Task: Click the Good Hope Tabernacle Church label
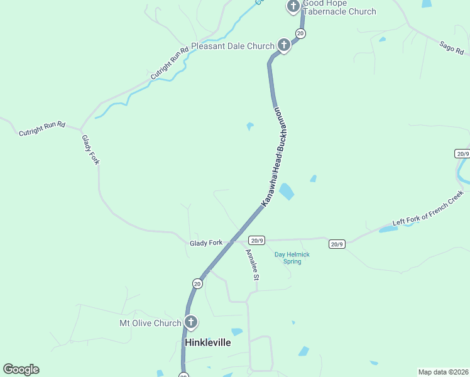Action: point(339,8)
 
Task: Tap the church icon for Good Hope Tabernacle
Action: point(293,7)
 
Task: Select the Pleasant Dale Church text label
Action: point(232,46)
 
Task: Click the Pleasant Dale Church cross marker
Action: point(284,45)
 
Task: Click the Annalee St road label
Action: point(251,265)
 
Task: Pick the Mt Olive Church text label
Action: point(150,324)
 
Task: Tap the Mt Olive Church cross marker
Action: point(191,323)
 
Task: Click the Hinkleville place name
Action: point(207,342)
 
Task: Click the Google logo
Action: point(21,369)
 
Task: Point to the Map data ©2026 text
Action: point(442,372)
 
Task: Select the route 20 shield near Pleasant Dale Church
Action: point(300,33)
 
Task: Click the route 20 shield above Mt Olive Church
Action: point(197,284)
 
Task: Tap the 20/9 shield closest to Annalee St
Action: point(256,240)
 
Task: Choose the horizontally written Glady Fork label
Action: point(206,243)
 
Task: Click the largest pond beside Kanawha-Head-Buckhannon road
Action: point(286,191)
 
